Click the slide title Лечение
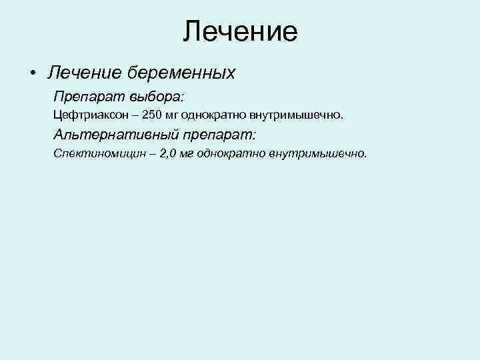[240, 31]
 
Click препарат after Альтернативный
[217, 135]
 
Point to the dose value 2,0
[169, 154]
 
